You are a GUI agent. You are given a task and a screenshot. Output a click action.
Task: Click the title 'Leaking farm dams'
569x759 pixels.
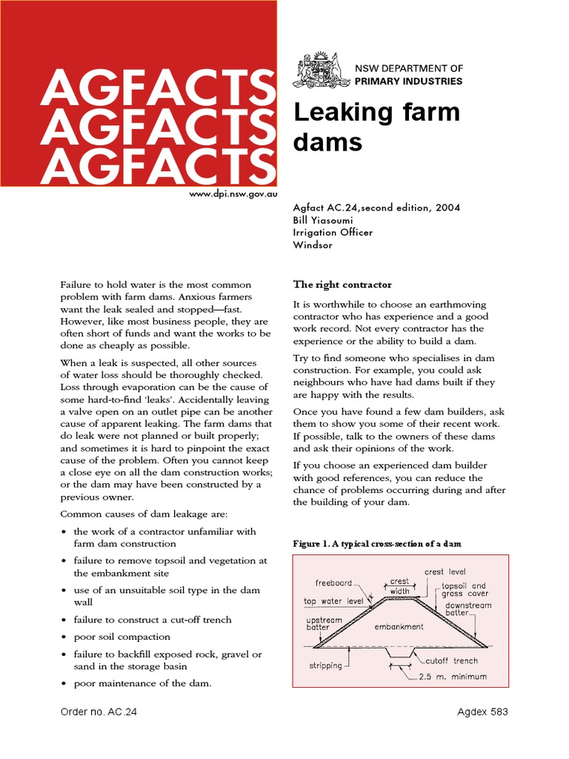tap(376, 127)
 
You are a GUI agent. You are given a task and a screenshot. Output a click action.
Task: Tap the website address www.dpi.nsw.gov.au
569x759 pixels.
tap(233, 193)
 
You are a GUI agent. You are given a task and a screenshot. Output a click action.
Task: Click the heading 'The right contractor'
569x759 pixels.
tap(342, 285)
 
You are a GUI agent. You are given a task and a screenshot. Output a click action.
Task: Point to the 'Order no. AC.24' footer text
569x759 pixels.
tap(99, 712)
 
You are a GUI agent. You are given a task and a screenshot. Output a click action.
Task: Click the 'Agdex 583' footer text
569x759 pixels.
tap(482, 712)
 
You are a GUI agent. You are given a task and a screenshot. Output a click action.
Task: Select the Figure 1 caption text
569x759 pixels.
tap(377, 543)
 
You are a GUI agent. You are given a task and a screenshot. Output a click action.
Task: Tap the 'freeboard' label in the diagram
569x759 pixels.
tap(333, 583)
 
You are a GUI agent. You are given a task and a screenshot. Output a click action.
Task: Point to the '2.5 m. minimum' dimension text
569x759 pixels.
tap(453, 677)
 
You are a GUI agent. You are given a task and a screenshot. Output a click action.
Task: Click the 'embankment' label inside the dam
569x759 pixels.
tap(399, 627)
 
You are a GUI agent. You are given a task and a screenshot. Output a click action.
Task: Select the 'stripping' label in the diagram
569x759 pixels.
tap(326, 666)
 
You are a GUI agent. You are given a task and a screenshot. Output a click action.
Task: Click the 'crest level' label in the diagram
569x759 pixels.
tap(445, 572)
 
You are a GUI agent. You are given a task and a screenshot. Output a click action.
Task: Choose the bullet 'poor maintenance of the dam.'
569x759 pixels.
tap(142, 683)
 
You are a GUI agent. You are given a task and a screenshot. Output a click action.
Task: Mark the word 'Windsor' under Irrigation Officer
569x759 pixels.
tap(314, 245)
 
